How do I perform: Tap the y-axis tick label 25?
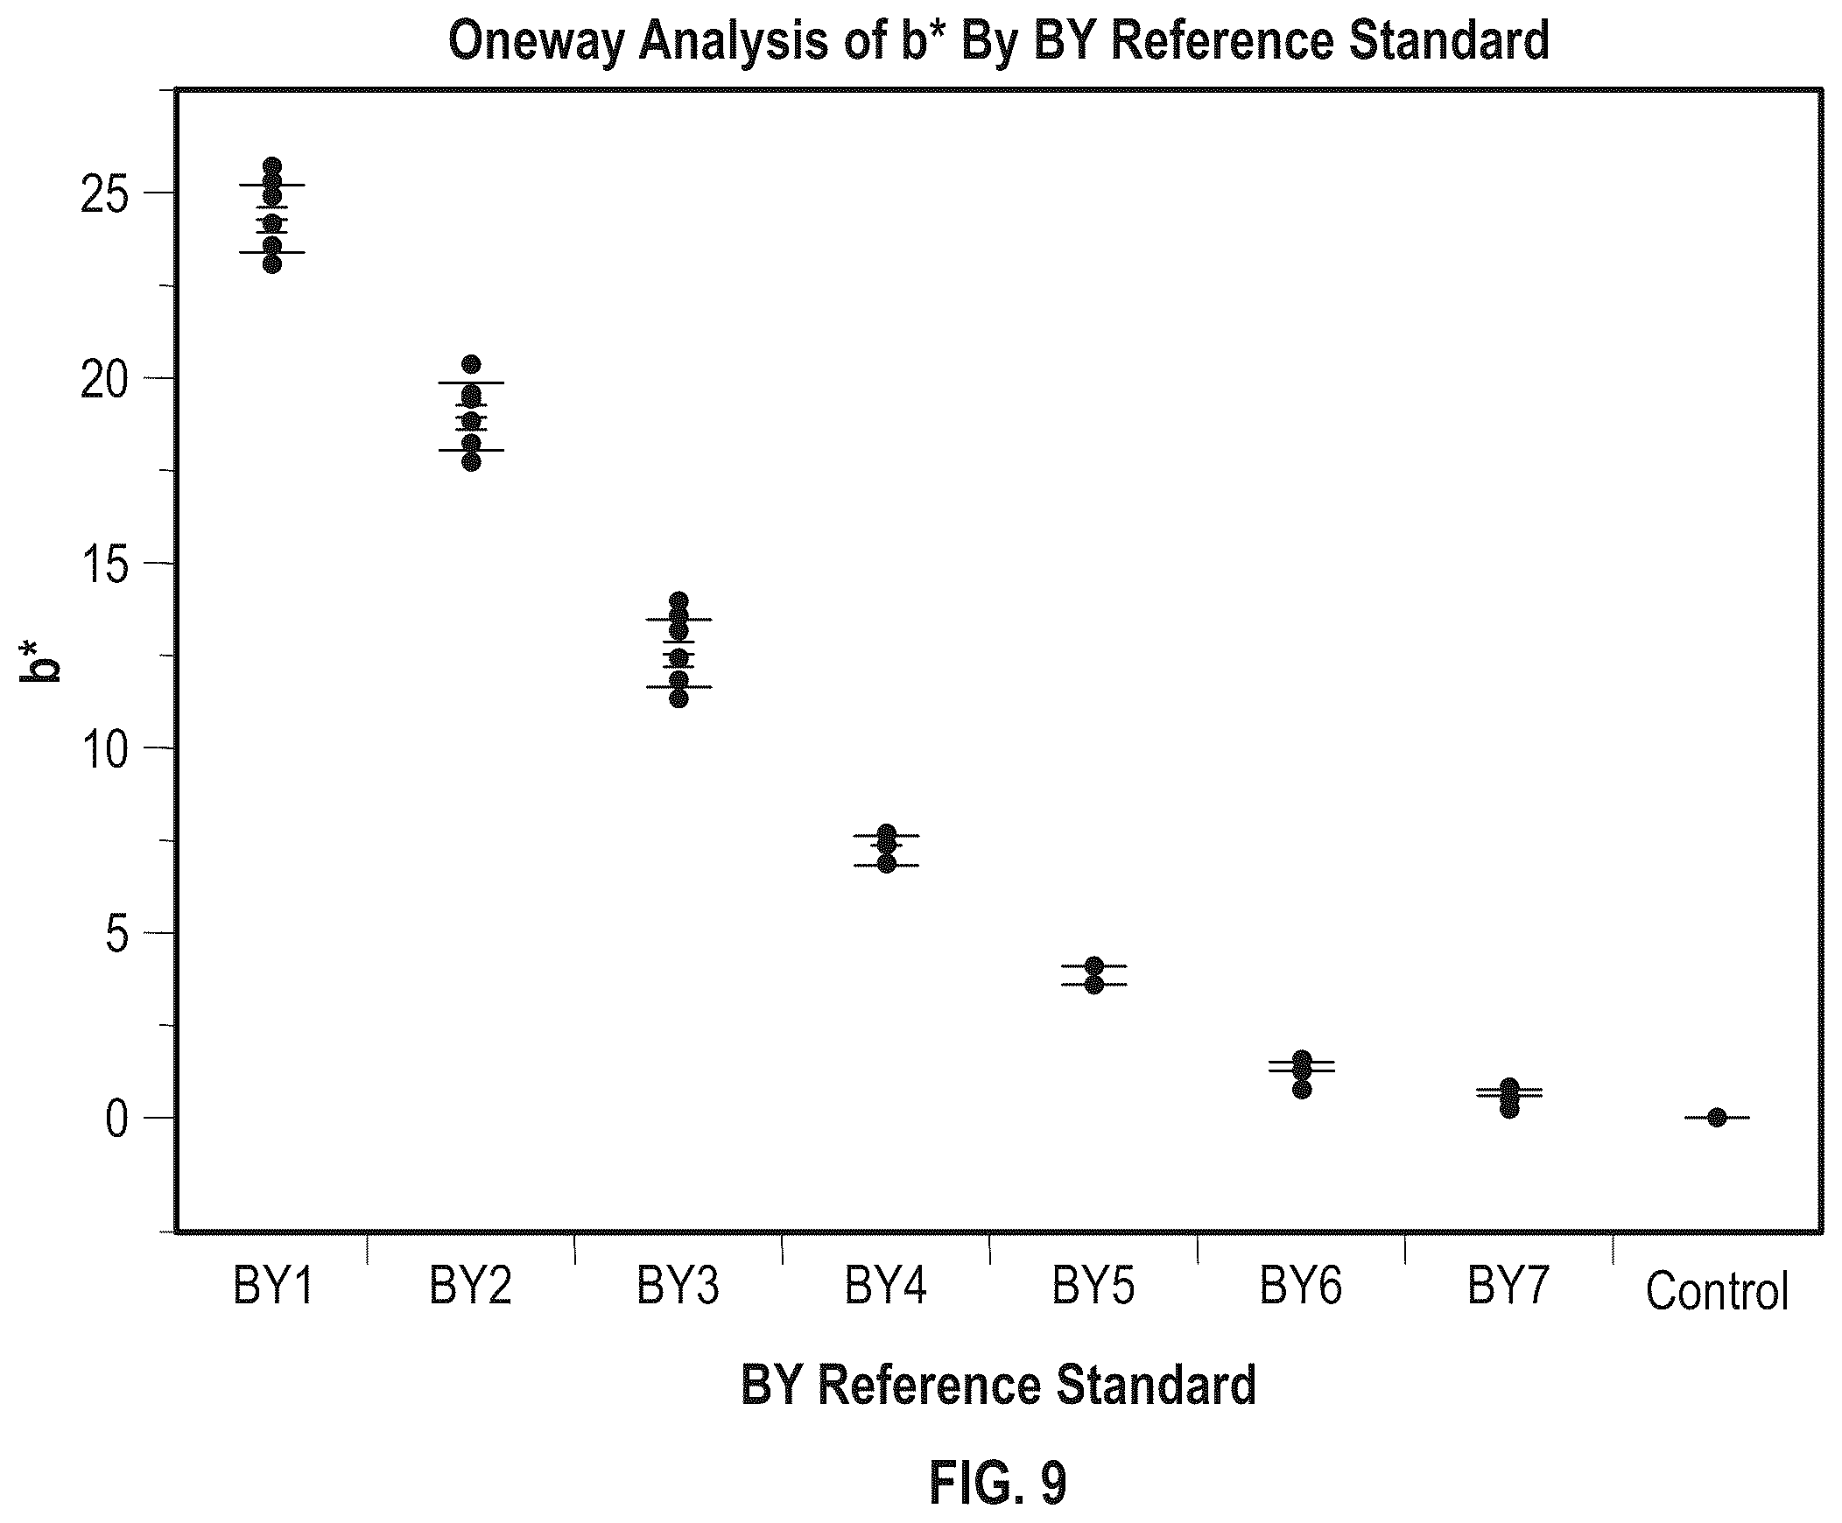pos(103,193)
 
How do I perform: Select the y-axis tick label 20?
pos(103,379)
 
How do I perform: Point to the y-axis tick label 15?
pos(103,564)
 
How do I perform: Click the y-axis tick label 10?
pos(103,748)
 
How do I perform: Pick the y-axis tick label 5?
pos(116,934)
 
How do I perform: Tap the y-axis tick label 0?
pos(116,1119)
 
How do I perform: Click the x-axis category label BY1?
pos(273,1287)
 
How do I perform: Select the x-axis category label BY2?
pos(470,1287)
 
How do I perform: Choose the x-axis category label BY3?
pos(678,1287)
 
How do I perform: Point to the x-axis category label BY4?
pos(886,1287)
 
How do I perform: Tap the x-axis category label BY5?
pos(1093,1287)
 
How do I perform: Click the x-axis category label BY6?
pos(1302,1287)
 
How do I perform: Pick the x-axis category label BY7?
pos(1508,1287)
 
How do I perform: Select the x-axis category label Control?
pos(1717,1292)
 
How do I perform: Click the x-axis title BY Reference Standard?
pos(998,1386)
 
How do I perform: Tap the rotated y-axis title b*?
pos(40,661)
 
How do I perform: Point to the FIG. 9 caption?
pos(998,1484)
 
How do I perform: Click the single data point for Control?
pos(1717,1117)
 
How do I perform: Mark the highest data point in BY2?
pos(471,364)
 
